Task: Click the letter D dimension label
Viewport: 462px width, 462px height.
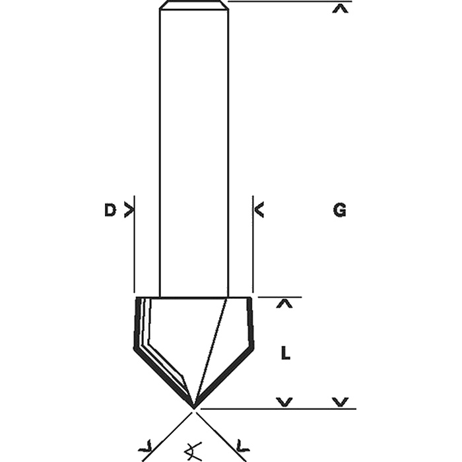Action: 110,211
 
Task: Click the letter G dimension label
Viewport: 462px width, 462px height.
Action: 340,211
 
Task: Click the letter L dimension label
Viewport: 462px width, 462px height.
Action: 286,353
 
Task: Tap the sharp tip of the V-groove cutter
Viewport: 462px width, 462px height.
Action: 194,409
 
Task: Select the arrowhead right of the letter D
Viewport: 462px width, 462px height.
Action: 129,211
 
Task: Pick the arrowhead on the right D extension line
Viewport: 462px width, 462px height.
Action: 259,210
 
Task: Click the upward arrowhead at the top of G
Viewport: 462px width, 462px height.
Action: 340,9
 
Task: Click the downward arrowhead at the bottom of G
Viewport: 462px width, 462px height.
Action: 341,402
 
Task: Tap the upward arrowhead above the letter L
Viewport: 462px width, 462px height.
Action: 284,304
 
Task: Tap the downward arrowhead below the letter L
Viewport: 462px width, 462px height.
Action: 284,402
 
